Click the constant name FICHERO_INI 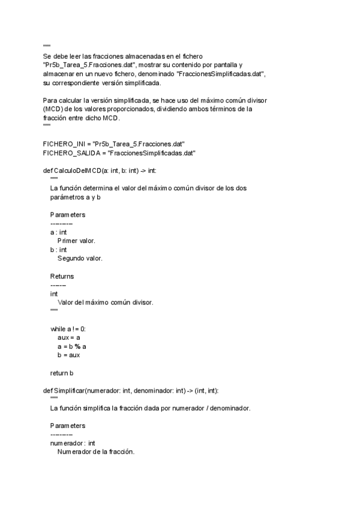coord(64,145)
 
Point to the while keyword coord(58,330)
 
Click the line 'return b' coord(62,373)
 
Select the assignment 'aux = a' coord(69,338)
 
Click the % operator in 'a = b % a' coord(77,346)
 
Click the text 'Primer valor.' coord(76,241)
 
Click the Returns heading coord(62,276)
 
